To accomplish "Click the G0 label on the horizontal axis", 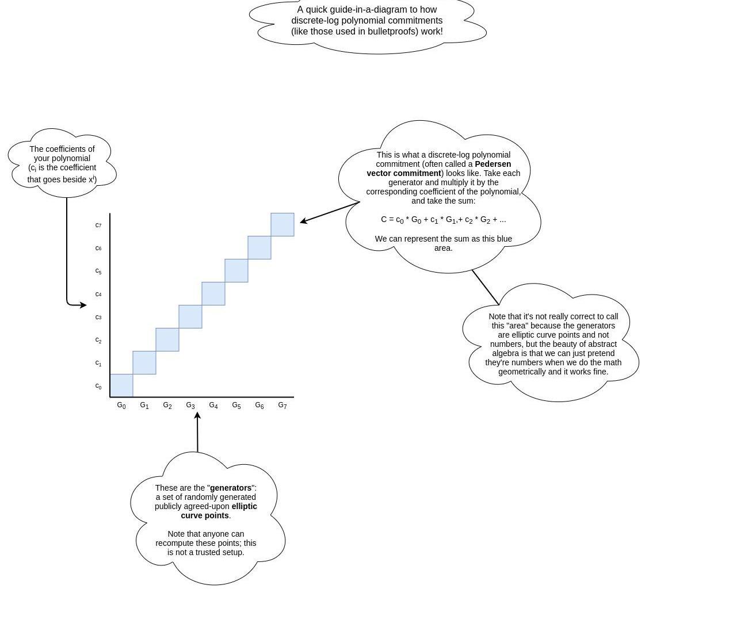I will (121, 406).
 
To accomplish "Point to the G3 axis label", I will (190, 406).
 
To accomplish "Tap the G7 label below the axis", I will (282, 406).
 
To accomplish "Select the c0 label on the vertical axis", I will (98, 386).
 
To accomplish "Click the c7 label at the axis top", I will (98, 225).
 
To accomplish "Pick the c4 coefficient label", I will (98, 294).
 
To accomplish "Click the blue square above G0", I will (121, 385).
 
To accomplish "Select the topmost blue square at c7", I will (282, 224).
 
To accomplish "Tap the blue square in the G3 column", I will (190, 316).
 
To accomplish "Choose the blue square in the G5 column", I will (236, 270).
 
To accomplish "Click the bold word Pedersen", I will (493, 164).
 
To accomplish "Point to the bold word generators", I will (231, 488).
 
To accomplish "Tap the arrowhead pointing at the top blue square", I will (303, 221).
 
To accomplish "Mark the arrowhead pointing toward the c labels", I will (84, 305).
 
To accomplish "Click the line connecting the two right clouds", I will (485, 286).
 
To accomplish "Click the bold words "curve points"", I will (205, 515).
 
